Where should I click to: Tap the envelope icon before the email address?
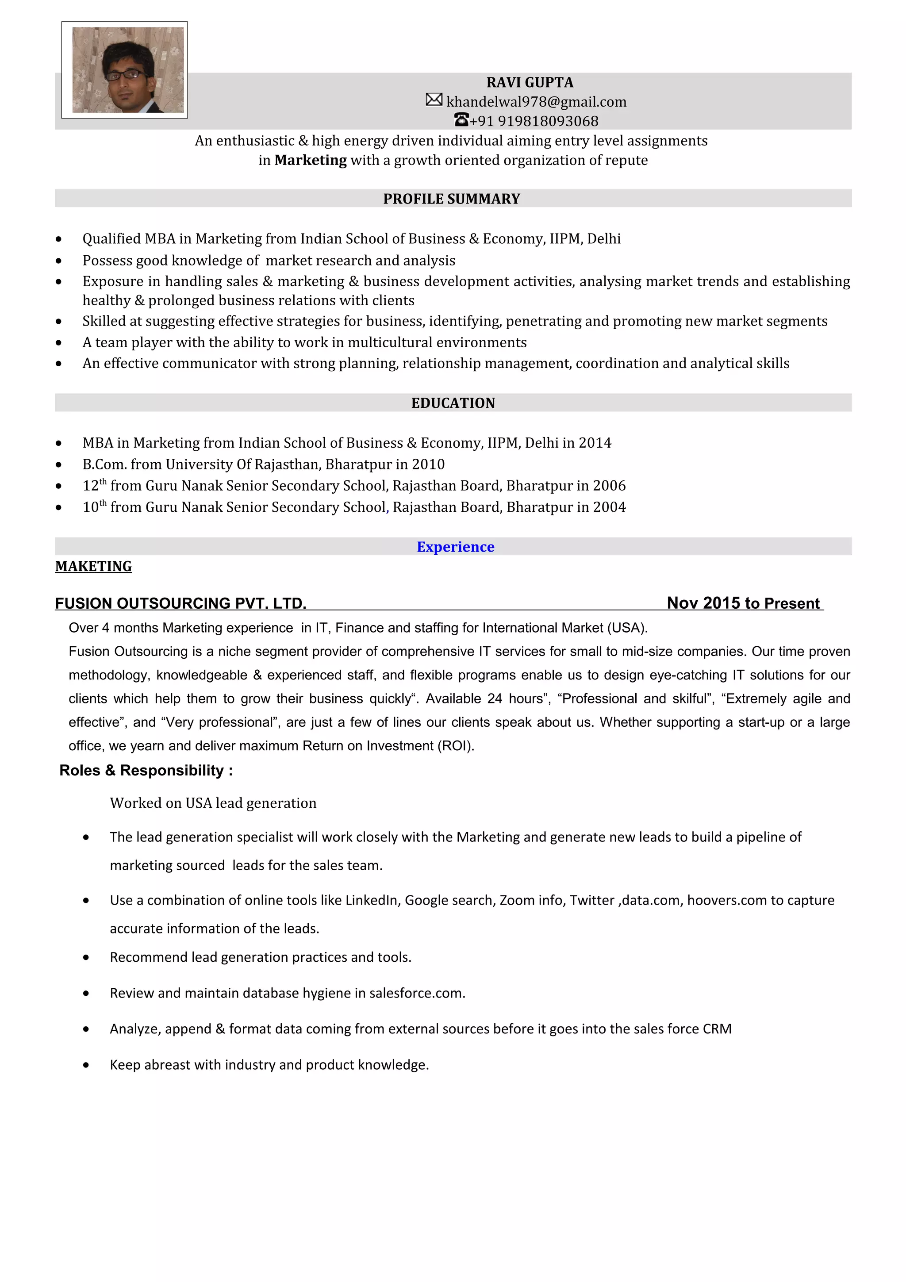tap(434, 100)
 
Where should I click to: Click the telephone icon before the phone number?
tap(461, 119)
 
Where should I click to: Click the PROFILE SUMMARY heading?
tap(451, 199)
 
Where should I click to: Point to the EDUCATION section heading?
tap(453, 403)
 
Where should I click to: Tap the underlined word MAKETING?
tap(93, 566)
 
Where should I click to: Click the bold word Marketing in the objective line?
tap(311, 160)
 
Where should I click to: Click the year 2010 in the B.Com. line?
tap(428, 464)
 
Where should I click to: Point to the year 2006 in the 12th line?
tap(609, 486)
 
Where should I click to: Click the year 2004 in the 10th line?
tap(609, 507)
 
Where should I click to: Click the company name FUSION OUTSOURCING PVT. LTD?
tap(180, 603)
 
